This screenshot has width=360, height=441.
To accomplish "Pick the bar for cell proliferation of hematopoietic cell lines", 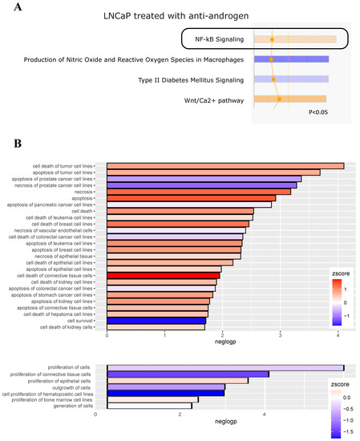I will pyautogui.click(x=160, y=393).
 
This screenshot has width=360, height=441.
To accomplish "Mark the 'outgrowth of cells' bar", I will pyautogui.click(x=160, y=386).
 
